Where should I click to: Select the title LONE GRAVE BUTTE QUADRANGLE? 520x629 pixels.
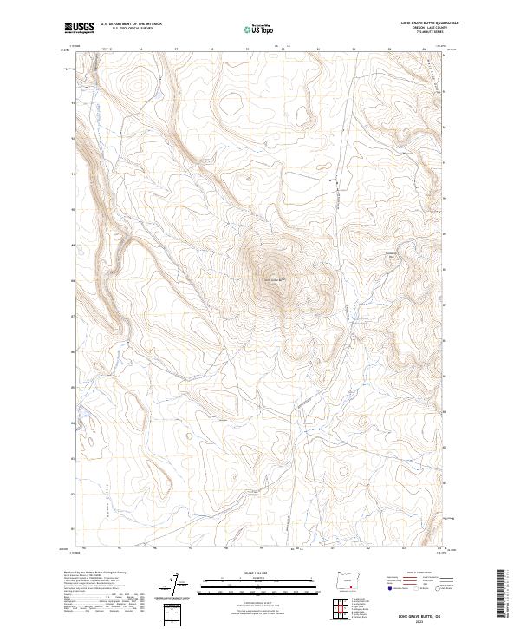point(429,22)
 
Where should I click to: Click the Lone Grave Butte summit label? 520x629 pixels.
point(271,278)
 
